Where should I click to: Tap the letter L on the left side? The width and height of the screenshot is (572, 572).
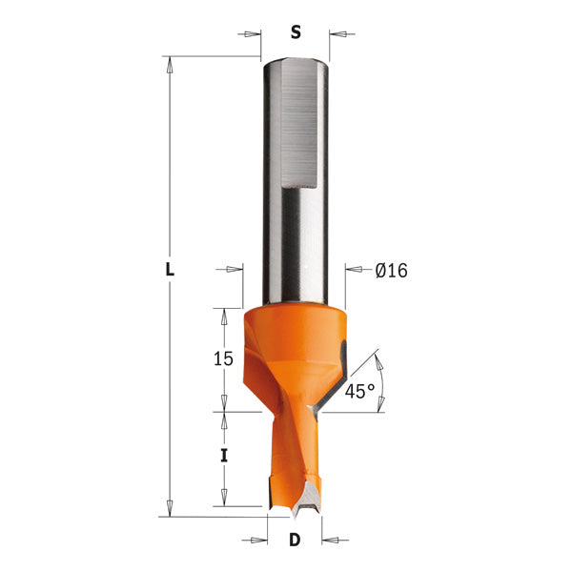[x=170, y=270]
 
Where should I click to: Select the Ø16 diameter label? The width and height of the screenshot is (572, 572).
[x=391, y=271]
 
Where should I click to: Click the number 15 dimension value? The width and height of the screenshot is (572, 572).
[x=223, y=358]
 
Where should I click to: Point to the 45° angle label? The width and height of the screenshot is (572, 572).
[x=359, y=391]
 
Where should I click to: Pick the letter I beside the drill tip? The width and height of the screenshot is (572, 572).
[x=224, y=456]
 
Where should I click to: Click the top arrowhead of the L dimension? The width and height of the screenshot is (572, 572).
[x=170, y=65]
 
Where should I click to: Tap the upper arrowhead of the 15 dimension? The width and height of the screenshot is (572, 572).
[x=224, y=316]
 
